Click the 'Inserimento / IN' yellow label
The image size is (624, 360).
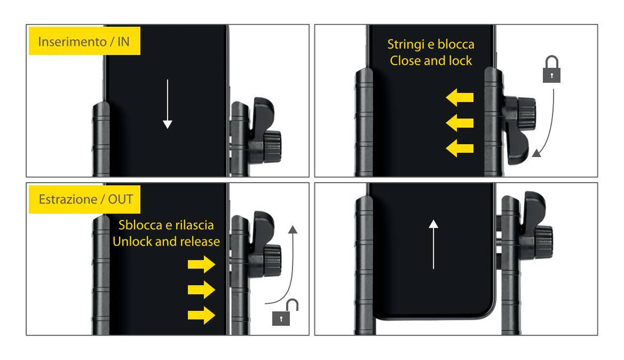click(84, 41)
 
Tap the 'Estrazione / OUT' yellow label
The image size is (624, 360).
click(84, 199)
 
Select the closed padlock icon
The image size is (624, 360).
click(551, 69)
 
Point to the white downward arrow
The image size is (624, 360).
click(168, 104)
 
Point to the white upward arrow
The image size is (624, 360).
click(433, 244)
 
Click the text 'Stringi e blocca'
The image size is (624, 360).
click(431, 44)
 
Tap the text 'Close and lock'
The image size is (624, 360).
click(431, 60)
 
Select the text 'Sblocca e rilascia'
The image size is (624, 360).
click(166, 225)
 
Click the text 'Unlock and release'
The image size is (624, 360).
click(166, 241)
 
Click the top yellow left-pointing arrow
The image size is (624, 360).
click(460, 98)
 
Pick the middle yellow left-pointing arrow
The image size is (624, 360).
click(460, 123)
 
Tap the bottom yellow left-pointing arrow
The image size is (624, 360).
click(460, 148)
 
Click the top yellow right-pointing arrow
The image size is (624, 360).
click(201, 264)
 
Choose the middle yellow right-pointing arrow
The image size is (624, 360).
click(201, 289)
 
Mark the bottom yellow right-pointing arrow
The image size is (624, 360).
click(201, 315)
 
